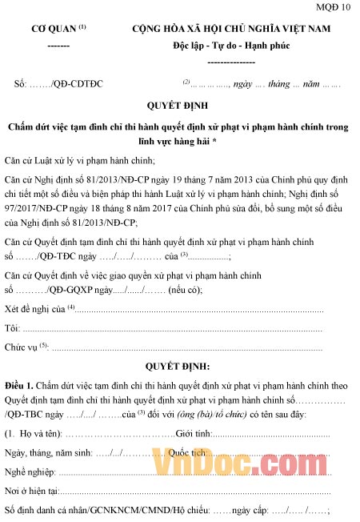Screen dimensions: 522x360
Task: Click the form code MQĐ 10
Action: coord(334,9)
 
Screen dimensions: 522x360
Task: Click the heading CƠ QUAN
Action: coord(54,30)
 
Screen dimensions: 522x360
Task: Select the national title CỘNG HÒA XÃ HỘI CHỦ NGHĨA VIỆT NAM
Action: coord(231,30)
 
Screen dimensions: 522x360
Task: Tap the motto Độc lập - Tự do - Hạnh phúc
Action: coord(231,45)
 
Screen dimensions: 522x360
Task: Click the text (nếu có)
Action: coord(184,291)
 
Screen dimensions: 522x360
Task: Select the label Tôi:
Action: coord(12,327)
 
